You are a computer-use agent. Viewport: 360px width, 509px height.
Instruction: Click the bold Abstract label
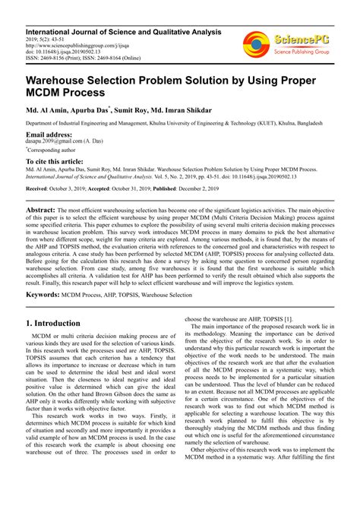[40, 208]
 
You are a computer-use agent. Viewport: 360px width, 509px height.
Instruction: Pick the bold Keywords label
[43, 293]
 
